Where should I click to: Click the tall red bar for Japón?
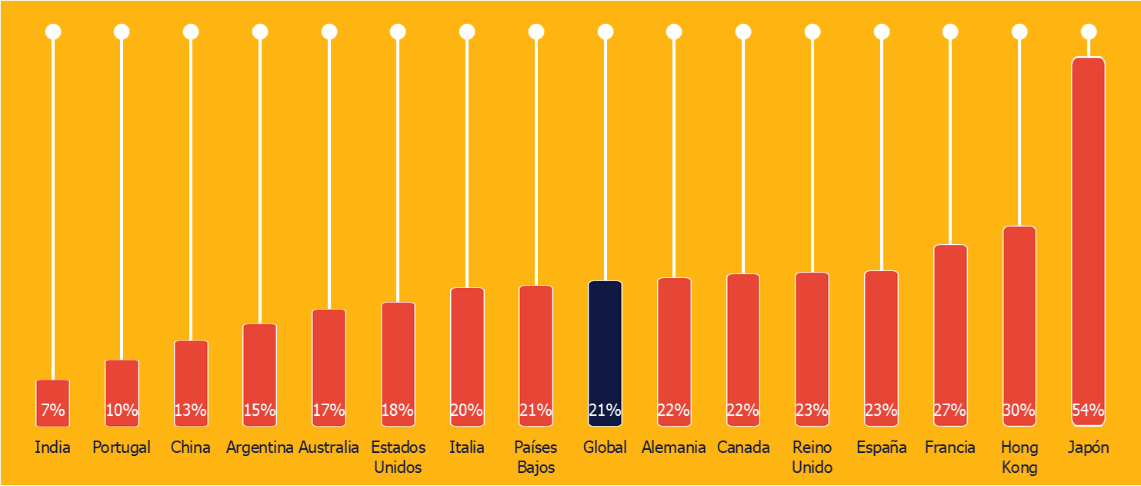pyautogui.click(x=1088, y=231)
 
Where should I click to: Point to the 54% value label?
pyautogui.click(x=1088, y=411)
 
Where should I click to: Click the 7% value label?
pyautogui.click(x=52, y=411)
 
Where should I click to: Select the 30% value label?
pyautogui.click(x=1019, y=411)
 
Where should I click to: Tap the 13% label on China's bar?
pyautogui.click(x=190, y=411)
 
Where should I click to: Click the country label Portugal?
pyautogui.click(x=122, y=447)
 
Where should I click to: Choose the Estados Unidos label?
pyautogui.click(x=398, y=457)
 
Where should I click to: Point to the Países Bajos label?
pyautogui.click(x=535, y=457)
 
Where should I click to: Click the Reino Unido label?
pyautogui.click(x=812, y=457)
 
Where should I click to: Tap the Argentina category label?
pyautogui.click(x=259, y=447)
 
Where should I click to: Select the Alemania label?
pyautogui.click(x=674, y=447)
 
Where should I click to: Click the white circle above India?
pyautogui.click(x=52, y=32)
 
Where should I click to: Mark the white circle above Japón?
pyautogui.click(x=1088, y=32)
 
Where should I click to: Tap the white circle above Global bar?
pyautogui.click(x=605, y=32)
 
